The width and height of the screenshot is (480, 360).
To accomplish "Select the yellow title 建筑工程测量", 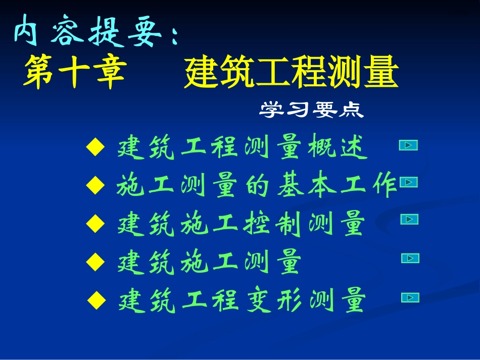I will (x=291, y=73).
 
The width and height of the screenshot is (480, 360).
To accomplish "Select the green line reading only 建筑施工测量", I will (x=209, y=263).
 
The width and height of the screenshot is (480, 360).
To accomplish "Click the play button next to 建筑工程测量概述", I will (x=408, y=145).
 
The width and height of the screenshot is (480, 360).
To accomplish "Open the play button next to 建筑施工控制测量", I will (x=409, y=219).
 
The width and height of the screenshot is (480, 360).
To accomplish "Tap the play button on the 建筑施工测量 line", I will (x=410, y=259).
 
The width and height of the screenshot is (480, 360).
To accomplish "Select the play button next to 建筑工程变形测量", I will (x=410, y=298).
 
